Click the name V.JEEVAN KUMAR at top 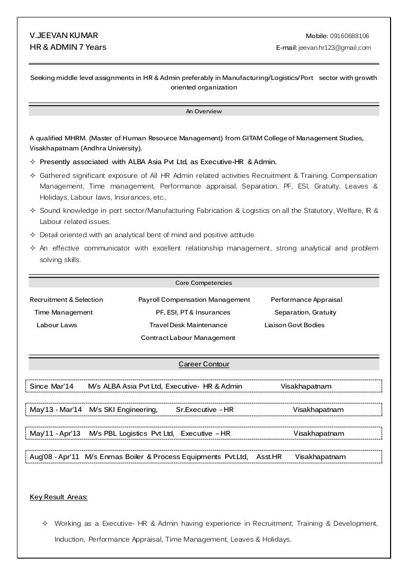pyautogui.click(x=64, y=35)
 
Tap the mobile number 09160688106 pyautogui.click(x=350, y=36)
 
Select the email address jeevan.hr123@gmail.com pyautogui.click(x=334, y=48)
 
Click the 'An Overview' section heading pyautogui.click(x=203, y=111)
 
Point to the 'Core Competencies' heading pyautogui.click(x=203, y=283)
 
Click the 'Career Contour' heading pyautogui.click(x=203, y=364)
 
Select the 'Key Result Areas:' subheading pyautogui.click(x=59, y=497)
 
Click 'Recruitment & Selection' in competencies pyautogui.click(x=66, y=300)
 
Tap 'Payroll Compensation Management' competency pyautogui.click(x=194, y=300)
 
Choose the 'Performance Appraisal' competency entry pyautogui.click(x=306, y=300)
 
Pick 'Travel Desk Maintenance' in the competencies pyautogui.click(x=188, y=325)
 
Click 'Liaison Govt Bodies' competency pyautogui.click(x=294, y=325)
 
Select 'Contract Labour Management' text pyautogui.click(x=188, y=338)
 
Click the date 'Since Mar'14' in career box pyautogui.click(x=51, y=387)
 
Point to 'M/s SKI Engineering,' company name pyautogui.click(x=123, y=410)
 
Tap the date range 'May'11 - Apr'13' pyautogui.click(x=55, y=434)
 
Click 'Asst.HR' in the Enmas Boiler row pyautogui.click(x=269, y=457)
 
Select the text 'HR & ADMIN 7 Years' pyautogui.click(x=68, y=47)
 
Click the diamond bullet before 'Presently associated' pyautogui.click(x=33, y=162)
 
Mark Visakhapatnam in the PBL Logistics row pyautogui.click(x=318, y=434)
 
